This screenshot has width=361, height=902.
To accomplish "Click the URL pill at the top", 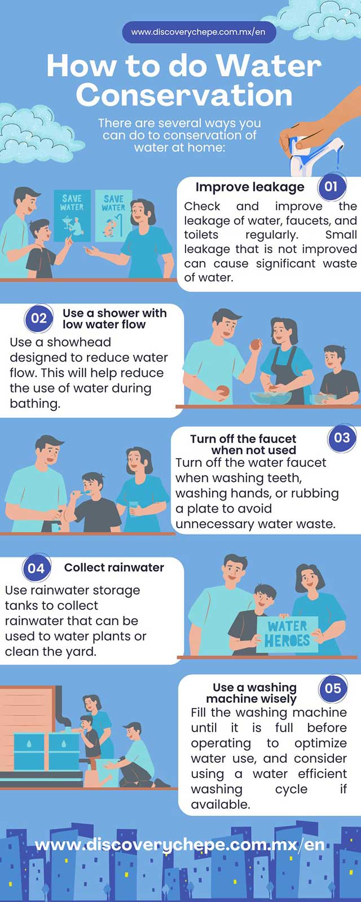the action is point(199,32).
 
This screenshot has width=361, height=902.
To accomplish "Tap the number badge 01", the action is point(331,187).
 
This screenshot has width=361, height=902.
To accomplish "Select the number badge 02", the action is point(39,319).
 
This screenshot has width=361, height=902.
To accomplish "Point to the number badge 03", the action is point(342,437).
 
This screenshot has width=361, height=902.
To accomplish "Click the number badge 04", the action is point(36,568).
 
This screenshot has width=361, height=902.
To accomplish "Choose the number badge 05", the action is point(333,688).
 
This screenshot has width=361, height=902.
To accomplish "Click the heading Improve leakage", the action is point(250,187).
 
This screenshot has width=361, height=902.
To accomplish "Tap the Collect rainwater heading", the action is point(114,567).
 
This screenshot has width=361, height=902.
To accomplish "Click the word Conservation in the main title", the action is point(184,95).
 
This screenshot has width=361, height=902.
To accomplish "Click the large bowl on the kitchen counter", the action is point(271,398).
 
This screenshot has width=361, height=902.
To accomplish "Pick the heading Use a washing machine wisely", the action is point(254,693).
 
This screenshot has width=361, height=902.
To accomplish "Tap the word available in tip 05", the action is point(221,804).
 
